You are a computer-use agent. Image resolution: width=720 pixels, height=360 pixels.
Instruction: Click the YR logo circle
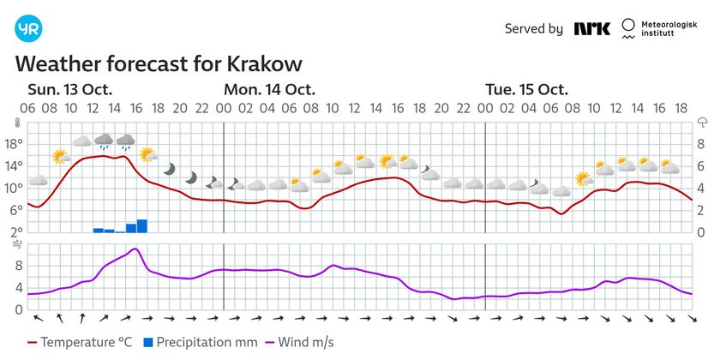pos(28,28)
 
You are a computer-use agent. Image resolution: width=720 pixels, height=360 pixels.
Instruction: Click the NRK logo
pos(592,28)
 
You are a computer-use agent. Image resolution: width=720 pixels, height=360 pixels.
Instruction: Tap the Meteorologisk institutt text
pos(673,29)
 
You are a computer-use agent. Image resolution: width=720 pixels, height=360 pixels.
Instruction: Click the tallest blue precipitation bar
pos(141,226)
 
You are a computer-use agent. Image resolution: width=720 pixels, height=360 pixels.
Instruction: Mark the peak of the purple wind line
pos(135,249)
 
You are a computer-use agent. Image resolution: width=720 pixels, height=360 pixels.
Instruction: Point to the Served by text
pos(533,29)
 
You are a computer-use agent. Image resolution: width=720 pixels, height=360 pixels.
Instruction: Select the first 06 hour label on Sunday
pos(27,108)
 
